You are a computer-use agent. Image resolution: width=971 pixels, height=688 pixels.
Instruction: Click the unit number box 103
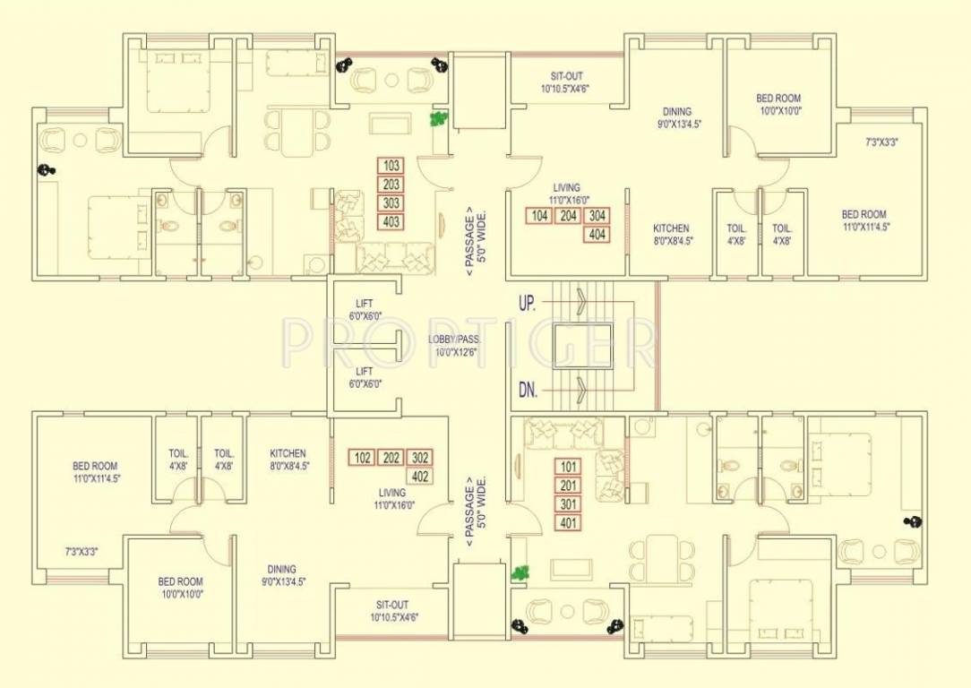391,166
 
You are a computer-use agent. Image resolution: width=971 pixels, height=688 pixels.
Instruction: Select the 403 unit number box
391,222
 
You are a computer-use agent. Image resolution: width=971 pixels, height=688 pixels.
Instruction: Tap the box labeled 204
568,216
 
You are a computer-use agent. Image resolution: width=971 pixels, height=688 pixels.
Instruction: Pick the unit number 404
597,235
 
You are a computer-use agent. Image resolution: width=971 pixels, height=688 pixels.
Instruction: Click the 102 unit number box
362,458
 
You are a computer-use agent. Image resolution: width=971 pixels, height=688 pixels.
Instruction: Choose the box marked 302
419,458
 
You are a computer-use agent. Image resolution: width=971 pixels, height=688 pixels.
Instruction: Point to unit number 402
419,477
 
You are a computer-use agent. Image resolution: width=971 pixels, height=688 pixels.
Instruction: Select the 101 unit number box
568,467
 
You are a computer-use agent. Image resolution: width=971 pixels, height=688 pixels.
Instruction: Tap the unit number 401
568,523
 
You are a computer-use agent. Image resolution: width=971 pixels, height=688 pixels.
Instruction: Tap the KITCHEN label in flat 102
288,453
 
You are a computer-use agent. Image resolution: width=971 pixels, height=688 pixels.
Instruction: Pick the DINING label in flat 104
676,112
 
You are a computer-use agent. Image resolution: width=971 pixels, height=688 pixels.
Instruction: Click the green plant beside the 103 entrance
438,118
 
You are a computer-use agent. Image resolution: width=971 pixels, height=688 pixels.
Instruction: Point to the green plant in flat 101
517,572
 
